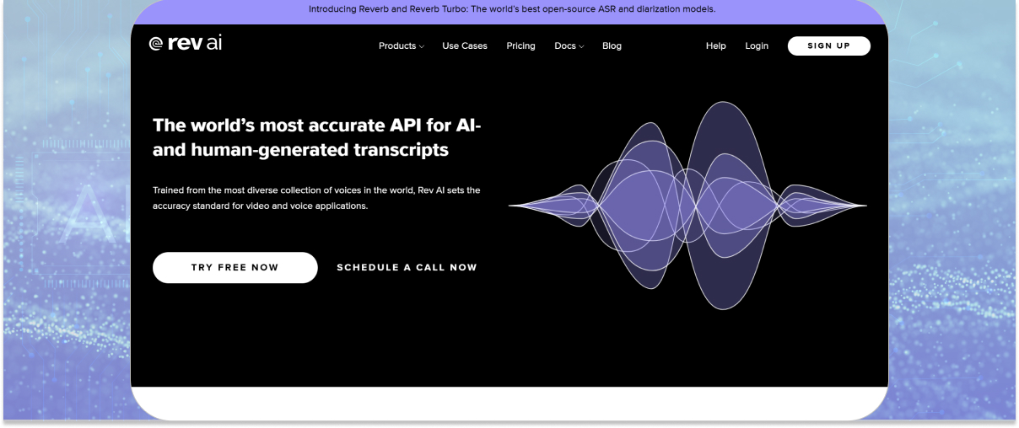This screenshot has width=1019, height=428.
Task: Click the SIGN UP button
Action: click(x=829, y=45)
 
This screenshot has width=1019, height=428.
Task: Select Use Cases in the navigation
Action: click(x=465, y=45)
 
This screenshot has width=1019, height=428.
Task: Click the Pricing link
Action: click(x=520, y=45)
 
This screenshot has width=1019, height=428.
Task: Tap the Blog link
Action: click(x=612, y=45)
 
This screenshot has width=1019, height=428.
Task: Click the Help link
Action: click(x=715, y=45)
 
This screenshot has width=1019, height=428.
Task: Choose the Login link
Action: click(x=757, y=45)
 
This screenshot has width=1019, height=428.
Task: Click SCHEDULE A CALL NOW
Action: click(x=407, y=268)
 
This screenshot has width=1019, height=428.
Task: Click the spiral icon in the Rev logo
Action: click(x=156, y=44)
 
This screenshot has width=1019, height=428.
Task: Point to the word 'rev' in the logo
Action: click(x=185, y=43)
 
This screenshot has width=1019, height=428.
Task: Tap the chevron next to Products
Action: click(x=422, y=46)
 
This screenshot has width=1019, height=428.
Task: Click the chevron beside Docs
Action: click(x=581, y=46)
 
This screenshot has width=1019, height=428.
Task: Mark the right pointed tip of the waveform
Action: click(x=866, y=206)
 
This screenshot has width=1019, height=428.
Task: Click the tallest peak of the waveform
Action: click(x=723, y=102)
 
